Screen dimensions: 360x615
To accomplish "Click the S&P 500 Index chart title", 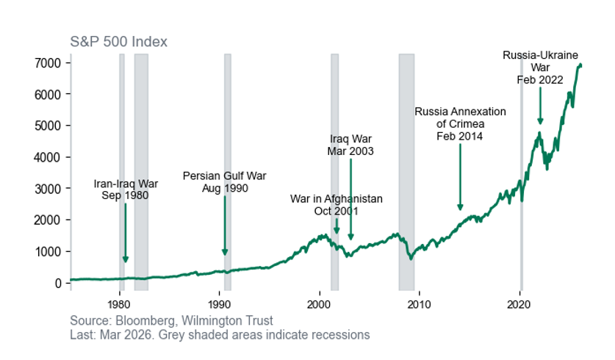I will (x=118, y=42).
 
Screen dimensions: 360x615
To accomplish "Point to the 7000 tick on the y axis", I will (x=48, y=63).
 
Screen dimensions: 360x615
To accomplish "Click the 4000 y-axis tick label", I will (x=48, y=157).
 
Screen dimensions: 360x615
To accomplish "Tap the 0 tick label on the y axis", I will (x=59, y=283).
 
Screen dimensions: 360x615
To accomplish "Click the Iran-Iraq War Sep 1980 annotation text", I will (x=126, y=190).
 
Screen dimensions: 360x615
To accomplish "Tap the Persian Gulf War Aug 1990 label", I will (x=224, y=182).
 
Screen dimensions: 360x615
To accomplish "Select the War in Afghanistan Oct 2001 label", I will (x=336, y=205).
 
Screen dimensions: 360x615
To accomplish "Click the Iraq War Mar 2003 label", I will (x=350, y=145).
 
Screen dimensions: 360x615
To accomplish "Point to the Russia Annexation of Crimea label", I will (x=460, y=123).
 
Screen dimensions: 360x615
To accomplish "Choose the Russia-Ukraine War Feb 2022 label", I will (x=540, y=68).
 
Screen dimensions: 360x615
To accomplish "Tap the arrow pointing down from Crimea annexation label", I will (x=460, y=176).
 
